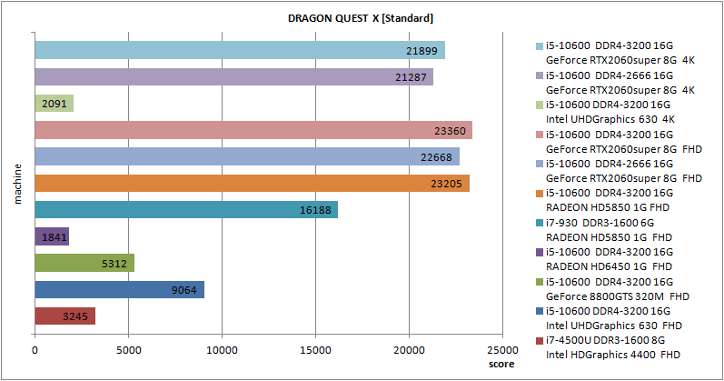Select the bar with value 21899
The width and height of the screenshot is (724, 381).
[240, 50]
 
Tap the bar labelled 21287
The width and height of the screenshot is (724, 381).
[233, 76]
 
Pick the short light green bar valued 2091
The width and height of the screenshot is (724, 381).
[54, 104]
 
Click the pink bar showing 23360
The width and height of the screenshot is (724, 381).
[253, 130]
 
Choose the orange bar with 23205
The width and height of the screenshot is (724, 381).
[252, 183]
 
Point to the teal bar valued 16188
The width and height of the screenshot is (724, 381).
[186, 210]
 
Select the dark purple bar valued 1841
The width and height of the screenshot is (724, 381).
[52, 236]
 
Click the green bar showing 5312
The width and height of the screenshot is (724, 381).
[84, 263]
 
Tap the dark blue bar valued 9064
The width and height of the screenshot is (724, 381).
[119, 289]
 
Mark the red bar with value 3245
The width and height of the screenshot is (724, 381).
[64, 316]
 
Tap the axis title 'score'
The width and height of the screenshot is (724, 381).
[501, 364]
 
